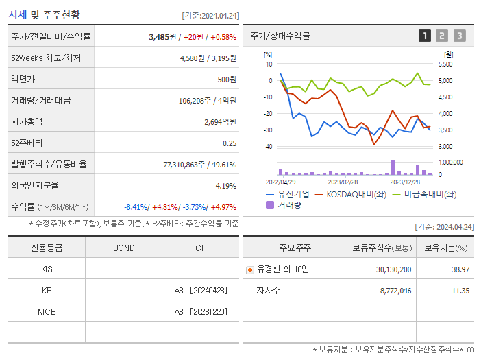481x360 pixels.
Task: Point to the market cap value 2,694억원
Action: coord(220,121)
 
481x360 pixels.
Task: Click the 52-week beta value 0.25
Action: coord(230,143)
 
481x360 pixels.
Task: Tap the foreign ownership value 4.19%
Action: coord(225,185)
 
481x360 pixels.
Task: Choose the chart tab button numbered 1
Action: coord(425,36)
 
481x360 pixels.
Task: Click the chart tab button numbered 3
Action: coord(459,36)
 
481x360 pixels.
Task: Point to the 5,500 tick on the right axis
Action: coord(445,64)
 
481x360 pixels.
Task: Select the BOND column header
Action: coord(123,248)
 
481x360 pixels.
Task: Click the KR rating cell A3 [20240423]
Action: coord(200,291)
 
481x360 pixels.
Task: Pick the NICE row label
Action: coord(47,312)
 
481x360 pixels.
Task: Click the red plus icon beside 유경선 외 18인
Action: coord(250,269)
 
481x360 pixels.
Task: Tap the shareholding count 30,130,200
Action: coord(393,269)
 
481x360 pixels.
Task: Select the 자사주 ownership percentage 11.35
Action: coord(460,291)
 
